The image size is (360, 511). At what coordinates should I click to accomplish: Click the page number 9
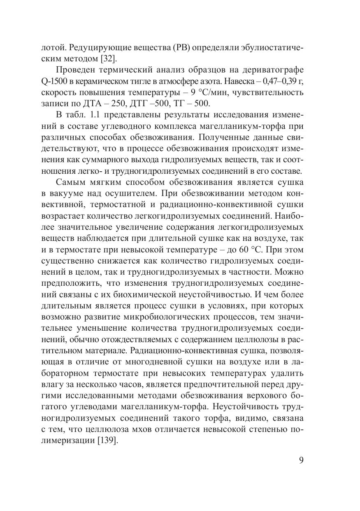tap(301, 460)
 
